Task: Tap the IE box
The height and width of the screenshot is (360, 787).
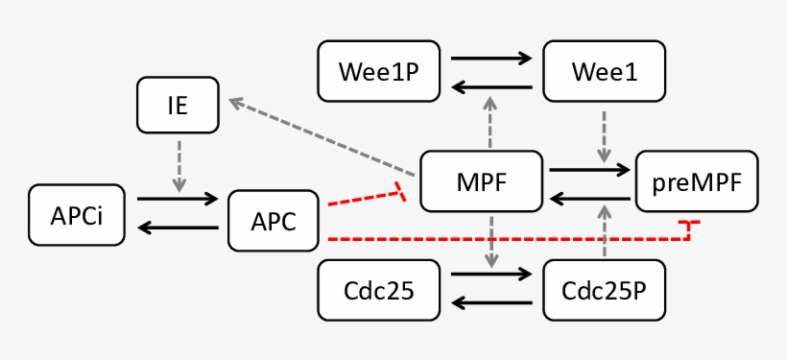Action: pos(178,106)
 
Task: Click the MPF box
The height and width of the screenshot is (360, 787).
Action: pos(483,180)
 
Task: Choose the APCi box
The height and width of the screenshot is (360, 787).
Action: pos(78,213)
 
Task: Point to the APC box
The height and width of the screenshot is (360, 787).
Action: pos(273,221)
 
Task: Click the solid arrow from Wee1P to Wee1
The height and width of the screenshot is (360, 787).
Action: pos(491,58)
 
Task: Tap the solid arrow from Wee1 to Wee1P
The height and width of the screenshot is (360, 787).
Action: pos(491,87)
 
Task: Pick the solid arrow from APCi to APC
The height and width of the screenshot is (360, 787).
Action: pos(179,199)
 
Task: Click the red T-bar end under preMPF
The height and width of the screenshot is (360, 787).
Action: pos(689,225)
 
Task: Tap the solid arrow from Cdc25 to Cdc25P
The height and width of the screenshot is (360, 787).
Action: pos(491,275)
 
